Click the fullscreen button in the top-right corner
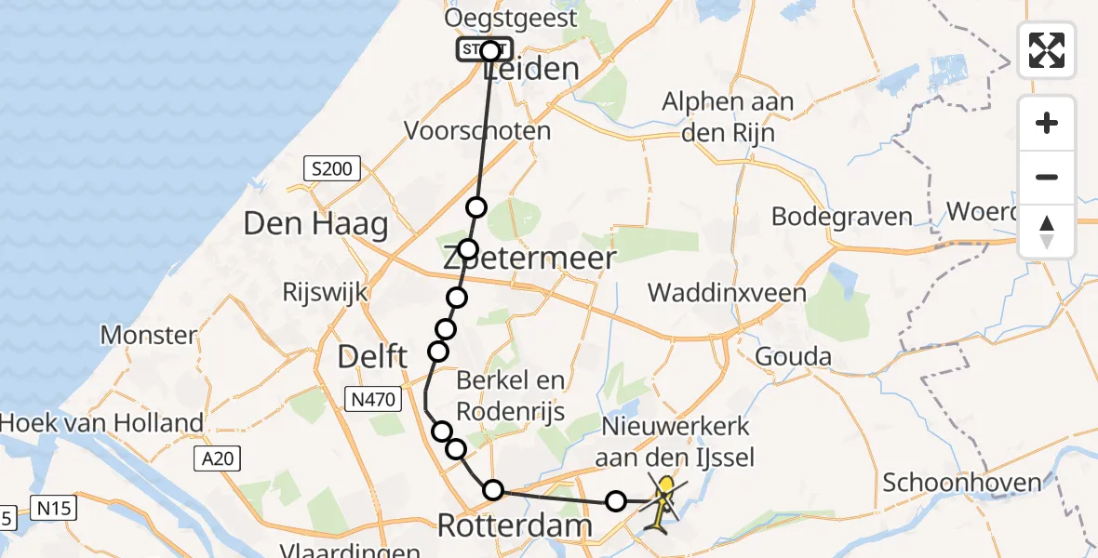pyautogui.click(x=1047, y=49)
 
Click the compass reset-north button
pyautogui.click(x=1047, y=232)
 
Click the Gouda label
pyautogui.click(x=790, y=355)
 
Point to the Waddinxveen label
pyautogui.click(x=727, y=294)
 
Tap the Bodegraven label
pyautogui.click(x=842, y=218)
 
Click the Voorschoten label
pyautogui.click(x=477, y=131)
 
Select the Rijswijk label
pyautogui.click(x=325, y=292)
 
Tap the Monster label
pyautogui.click(x=149, y=335)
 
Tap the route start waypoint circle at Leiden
pyautogui.click(x=490, y=50)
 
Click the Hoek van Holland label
pyautogui.click(x=101, y=423)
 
